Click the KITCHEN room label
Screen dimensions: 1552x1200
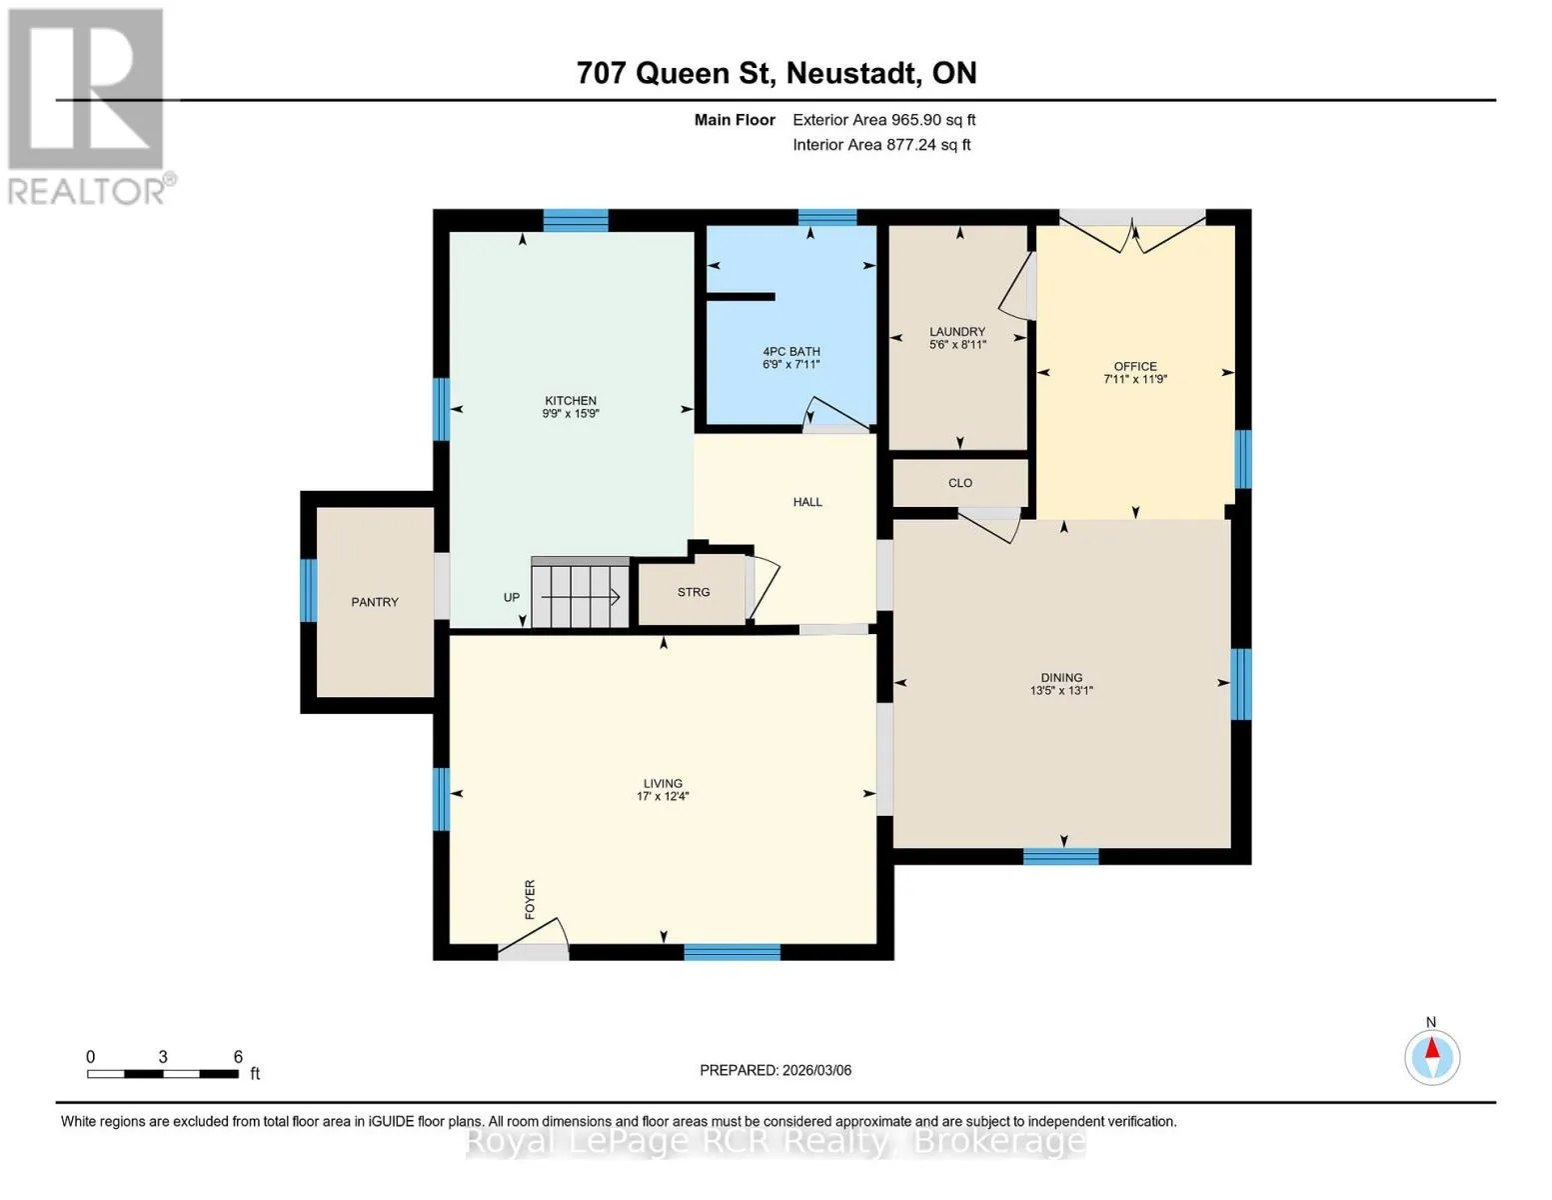click(x=570, y=400)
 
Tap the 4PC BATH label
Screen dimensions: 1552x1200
click(x=791, y=352)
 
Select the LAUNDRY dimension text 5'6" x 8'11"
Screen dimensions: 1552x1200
click(x=957, y=344)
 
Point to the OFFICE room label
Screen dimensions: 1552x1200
click(x=1135, y=367)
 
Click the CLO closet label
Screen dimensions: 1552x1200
click(x=960, y=483)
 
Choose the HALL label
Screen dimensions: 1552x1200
click(x=807, y=502)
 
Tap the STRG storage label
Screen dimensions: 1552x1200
click(x=694, y=592)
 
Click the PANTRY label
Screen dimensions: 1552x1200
click(x=374, y=603)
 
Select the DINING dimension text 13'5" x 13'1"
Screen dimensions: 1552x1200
click(x=1061, y=690)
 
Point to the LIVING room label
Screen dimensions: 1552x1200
click(x=663, y=783)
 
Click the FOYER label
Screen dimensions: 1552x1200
click(x=530, y=899)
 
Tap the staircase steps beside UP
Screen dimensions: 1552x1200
click(x=580, y=595)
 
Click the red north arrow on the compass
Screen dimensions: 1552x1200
click(x=1431, y=1048)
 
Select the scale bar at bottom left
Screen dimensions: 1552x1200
click(x=163, y=1073)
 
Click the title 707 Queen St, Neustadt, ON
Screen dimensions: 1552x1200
click(x=776, y=73)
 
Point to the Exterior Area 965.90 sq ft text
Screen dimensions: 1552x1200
click(x=883, y=120)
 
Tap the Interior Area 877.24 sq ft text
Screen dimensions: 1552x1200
click(x=881, y=145)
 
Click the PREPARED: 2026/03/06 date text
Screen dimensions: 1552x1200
click(x=776, y=1071)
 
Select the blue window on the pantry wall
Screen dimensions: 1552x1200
click(x=308, y=590)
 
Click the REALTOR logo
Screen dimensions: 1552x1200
click(x=89, y=107)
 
